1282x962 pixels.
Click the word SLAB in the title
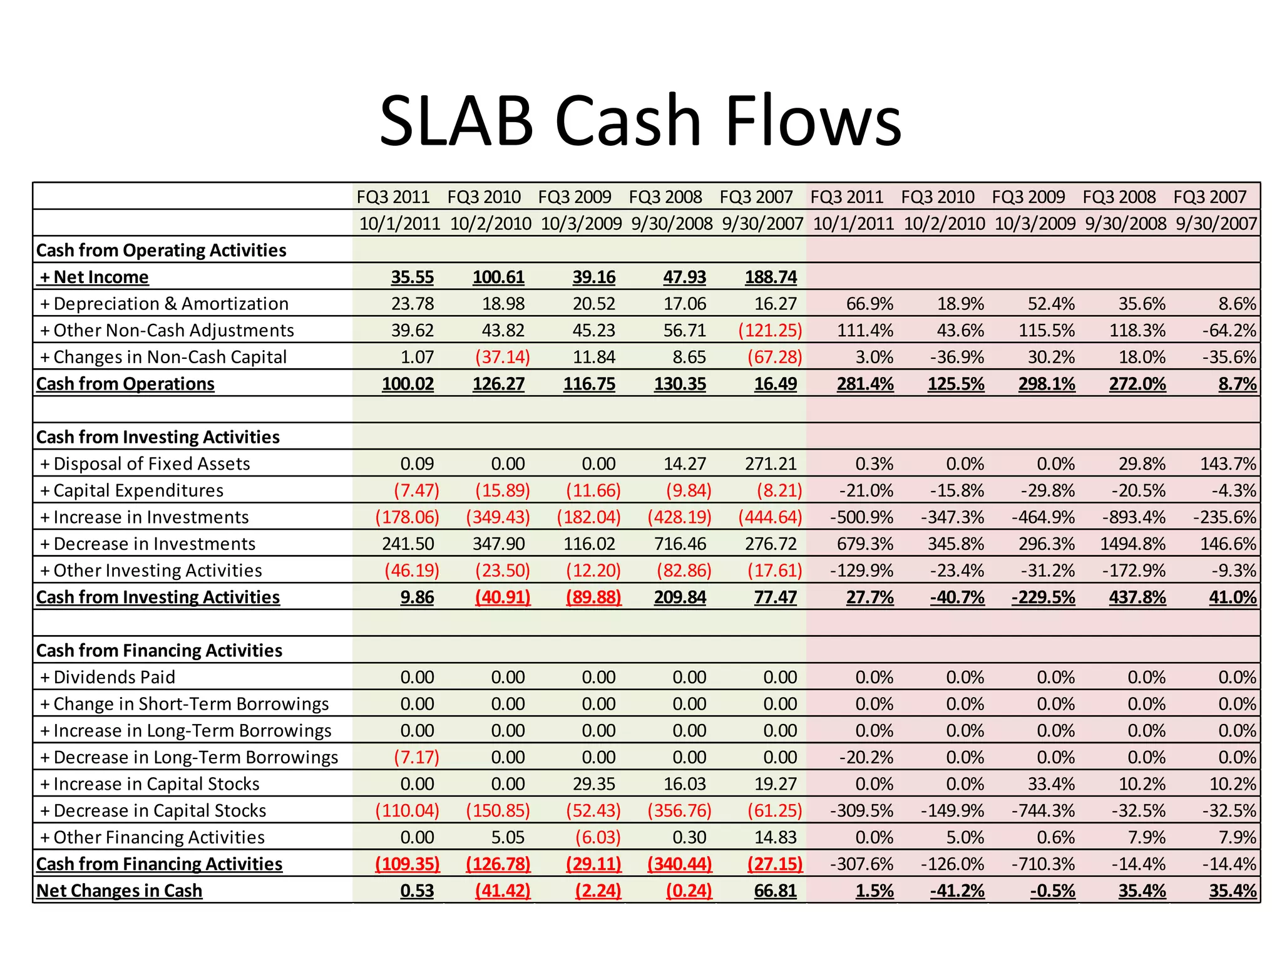click(456, 120)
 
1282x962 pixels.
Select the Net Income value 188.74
click(771, 277)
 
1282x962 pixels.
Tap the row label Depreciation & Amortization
click(171, 304)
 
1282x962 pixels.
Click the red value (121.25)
click(770, 330)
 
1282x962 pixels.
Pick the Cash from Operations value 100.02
click(408, 384)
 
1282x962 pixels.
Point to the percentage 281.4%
click(865, 384)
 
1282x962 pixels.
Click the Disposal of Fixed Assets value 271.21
click(771, 463)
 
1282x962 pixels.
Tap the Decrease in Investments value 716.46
click(680, 544)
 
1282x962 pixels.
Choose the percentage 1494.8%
click(1133, 544)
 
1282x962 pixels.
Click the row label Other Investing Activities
click(157, 571)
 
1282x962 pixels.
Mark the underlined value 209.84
click(680, 597)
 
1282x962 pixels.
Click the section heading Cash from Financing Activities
click(159, 651)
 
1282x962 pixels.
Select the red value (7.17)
click(416, 757)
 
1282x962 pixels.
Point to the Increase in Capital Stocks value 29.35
click(594, 784)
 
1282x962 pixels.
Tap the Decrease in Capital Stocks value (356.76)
click(679, 810)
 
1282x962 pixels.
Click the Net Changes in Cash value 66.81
click(775, 891)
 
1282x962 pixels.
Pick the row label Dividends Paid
click(114, 677)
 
